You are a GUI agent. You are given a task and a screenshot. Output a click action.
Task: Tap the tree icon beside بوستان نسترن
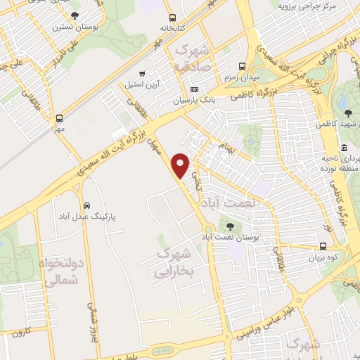pos(75,15)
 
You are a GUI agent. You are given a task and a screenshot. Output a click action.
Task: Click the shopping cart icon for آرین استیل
pos(143,72)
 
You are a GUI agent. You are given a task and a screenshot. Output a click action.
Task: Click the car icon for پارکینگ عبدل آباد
pos(86,205)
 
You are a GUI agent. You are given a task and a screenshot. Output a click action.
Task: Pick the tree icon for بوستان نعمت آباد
pos(230,226)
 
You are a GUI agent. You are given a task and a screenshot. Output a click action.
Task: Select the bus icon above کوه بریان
pos(323,246)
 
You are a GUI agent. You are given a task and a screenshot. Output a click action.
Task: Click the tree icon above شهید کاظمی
pos(342,112)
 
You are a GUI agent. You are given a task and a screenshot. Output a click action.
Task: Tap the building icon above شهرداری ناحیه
pos(344,148)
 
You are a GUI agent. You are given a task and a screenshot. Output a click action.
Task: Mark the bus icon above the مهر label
pos(60,119)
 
